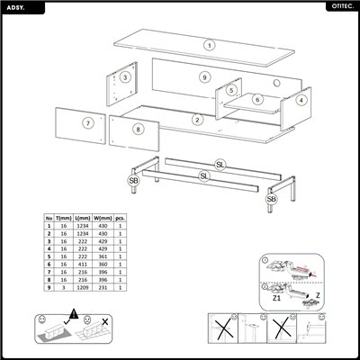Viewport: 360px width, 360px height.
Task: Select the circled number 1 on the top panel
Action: pos(209,44)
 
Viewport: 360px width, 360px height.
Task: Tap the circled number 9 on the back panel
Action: pos(205,78)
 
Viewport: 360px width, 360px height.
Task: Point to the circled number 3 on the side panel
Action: pos(125,77)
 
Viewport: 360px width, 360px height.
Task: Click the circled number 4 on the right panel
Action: pos(301,100)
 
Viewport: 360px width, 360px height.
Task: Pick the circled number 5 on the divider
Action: pos(231,90)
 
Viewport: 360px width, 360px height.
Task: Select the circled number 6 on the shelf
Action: pos(257,99)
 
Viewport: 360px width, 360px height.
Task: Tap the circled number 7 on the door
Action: pos(88,123)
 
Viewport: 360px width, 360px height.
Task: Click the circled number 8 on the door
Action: pos(137,129)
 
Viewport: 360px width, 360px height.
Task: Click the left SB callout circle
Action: pos(133,181)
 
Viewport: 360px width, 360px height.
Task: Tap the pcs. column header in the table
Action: pos(121,218)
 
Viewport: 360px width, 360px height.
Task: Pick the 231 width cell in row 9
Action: pos(103,291)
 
